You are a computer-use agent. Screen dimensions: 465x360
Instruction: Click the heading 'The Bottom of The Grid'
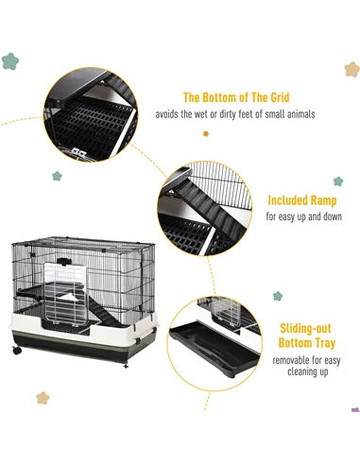click(x=236, y=97)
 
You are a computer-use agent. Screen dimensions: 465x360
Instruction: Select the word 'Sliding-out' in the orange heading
click(x=303, y=327)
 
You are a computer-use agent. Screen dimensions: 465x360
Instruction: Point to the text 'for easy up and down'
click(x=303, y=217)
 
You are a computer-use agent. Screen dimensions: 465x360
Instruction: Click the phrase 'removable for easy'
click(x=303, y=360)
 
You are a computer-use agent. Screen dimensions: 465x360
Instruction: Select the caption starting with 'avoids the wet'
click(x=249, y=114)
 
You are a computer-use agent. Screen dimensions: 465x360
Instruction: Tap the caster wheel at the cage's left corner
click(x=16, y=351)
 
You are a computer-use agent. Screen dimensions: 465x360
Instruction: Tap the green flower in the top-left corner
click(x=10, y=61)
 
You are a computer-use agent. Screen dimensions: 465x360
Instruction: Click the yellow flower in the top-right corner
click(x=351, y=69)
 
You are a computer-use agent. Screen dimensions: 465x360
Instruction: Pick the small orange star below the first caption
click(x=205, y=133)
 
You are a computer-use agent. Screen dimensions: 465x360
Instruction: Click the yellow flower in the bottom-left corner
click(x=42, y=398)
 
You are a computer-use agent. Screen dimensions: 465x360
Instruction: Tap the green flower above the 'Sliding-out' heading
click(x=278, y=296)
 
